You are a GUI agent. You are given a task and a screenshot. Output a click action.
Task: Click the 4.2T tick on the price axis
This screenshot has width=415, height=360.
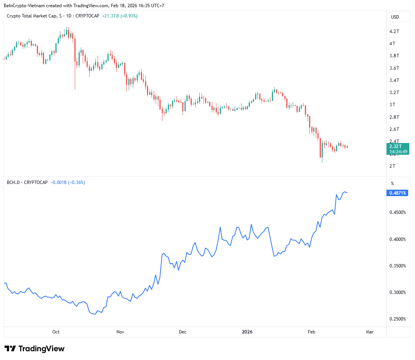(394, 31)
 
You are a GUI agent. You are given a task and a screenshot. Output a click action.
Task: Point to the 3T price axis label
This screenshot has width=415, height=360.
(392, 104)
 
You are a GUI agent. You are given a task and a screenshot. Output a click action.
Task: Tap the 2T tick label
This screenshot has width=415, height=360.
(392, 166)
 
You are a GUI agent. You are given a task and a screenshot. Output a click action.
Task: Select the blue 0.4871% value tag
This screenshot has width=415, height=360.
(398, 193)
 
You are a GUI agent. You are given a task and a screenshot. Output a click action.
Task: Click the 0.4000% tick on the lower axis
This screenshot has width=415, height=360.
(398, 239)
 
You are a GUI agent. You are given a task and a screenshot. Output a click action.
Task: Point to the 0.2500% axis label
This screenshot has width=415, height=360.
(398, 319)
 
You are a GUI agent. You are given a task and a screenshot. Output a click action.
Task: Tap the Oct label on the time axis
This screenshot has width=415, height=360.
(56, 332)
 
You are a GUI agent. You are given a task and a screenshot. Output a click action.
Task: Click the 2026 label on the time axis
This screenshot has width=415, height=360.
(247, 332)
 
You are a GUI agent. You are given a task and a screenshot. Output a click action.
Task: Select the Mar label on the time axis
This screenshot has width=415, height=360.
(369, 332)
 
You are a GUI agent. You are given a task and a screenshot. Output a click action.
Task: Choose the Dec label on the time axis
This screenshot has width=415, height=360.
(183, 332)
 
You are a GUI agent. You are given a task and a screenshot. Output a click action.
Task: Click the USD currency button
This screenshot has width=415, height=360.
(395, 17)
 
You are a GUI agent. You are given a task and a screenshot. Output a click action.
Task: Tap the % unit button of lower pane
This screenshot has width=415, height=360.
(392, 184)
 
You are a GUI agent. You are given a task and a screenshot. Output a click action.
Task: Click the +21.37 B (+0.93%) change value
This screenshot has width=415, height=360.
(120, 16)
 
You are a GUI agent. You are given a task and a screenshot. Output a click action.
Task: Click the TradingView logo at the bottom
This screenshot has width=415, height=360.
(35, 349)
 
